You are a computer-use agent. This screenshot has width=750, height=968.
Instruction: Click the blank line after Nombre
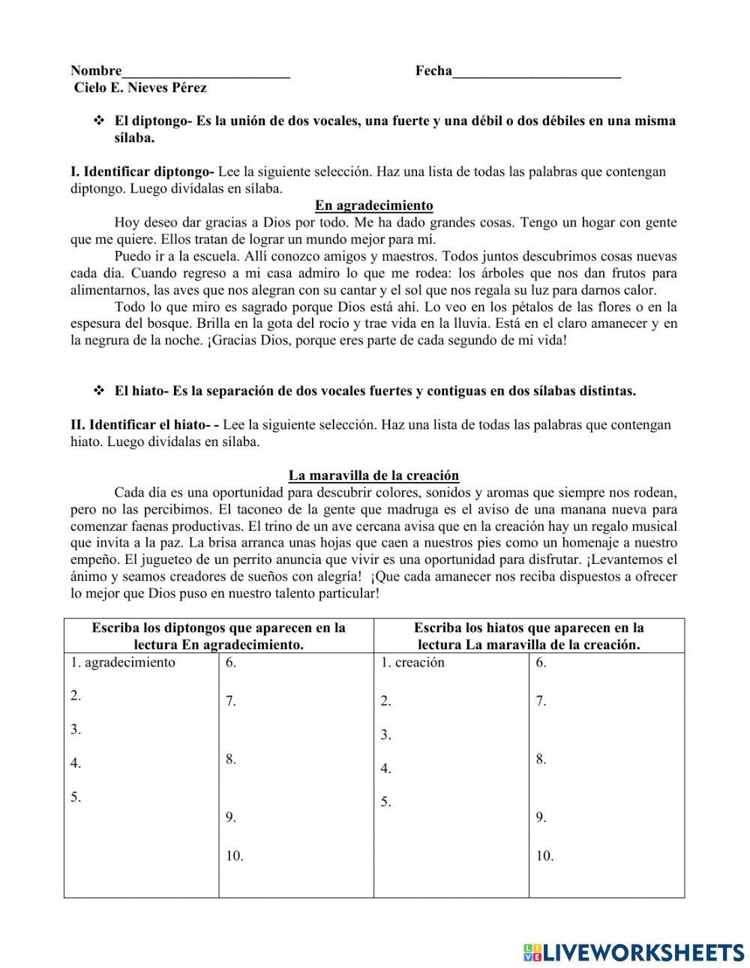pyautogui.click(x=206, y=72)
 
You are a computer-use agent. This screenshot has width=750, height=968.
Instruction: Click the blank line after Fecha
pyautogui.click(x=537, y=72)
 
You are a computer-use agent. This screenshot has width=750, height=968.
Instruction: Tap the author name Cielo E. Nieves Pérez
pyautogui.click(x=140, y=88)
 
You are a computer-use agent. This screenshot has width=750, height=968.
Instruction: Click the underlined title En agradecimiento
pyautogui.click(x=373, y=205)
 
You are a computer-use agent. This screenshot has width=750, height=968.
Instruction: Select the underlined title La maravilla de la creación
pyautogui.click(x=373, y=475)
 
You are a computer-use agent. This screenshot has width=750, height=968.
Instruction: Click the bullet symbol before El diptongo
pyautogui.click(x=97, y=121)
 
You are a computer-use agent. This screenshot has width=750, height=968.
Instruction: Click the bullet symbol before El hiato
pyautogui.click(x=97, y=391)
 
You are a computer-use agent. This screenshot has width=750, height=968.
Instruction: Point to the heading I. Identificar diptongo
pyautogui.click(x=142, y=172)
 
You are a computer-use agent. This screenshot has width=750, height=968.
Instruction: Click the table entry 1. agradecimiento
pyautogui.click(x=123, y=662)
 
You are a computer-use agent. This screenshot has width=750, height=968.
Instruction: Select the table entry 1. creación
pyautogui.click(x=412, y=662)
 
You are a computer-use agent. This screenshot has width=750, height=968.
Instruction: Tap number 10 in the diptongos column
pyautogui.click(x=234, y=856)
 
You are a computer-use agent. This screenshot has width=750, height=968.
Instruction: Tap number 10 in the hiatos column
pyautogui.click(x=544, y=856)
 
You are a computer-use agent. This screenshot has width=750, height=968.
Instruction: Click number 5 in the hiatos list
pyautogui.click(x=385, y=802)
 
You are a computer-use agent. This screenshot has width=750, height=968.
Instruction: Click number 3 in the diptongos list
pyautogui.click(x=76, y=729)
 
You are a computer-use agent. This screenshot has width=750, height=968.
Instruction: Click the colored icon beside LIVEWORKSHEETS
pyautogui.click(x=532, y=952)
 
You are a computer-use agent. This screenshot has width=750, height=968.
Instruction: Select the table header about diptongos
pyautogui.click(x=218, y=636)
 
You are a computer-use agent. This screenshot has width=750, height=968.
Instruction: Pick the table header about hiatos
pyautogui.click(x=529, y=636)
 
